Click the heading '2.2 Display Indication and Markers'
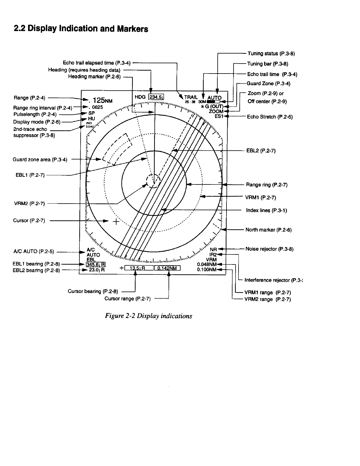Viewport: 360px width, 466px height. (x=81, y=29)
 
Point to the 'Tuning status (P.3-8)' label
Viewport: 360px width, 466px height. (x=271, y=54)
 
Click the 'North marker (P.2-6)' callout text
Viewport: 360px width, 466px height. (x=268, y=230)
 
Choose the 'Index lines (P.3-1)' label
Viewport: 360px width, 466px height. (x=266, y=210)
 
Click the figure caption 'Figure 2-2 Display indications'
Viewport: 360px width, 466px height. (x=149, y=316)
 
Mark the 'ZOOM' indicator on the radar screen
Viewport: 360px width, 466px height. (x=216, y=111)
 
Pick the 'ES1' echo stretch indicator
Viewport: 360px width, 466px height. (x=219, y=116)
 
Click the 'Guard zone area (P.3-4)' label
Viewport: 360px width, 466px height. (x=40, y=160)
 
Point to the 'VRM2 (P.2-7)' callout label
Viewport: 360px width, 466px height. (x=29, y=203)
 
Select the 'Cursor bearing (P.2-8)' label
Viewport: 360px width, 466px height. (x=93, y=292)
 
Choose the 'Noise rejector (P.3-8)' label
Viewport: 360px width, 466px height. (x=269, y=249)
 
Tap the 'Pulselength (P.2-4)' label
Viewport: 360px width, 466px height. (x=35, y=114)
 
